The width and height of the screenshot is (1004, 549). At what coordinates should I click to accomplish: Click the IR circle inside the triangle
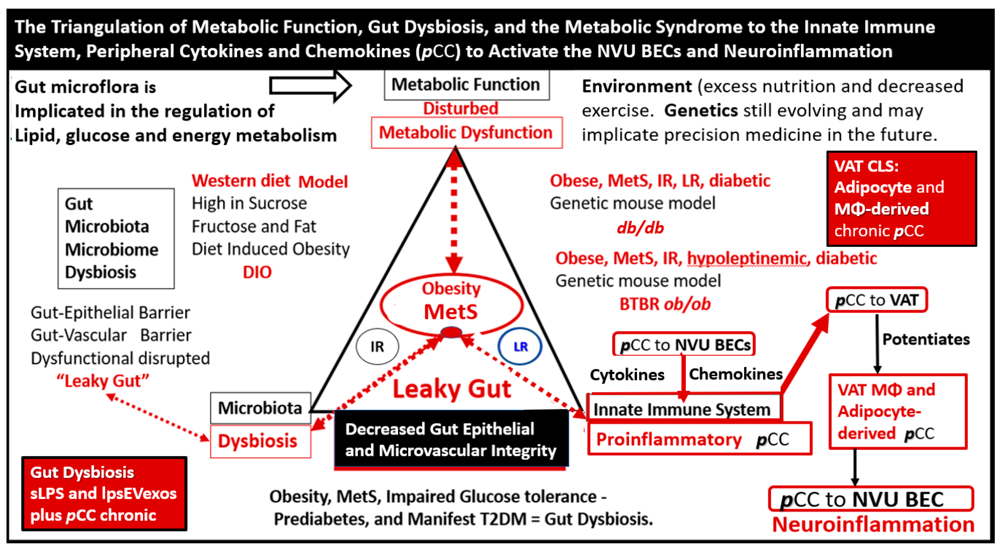coord(377,346)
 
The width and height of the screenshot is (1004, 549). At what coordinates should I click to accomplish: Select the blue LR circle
coord(520,346)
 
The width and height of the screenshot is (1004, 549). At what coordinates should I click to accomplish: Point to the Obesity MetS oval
coord(451,304)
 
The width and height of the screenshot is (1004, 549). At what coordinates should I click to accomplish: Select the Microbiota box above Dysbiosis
coord(260,408)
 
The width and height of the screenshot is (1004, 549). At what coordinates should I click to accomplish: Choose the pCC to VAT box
coord(876,300)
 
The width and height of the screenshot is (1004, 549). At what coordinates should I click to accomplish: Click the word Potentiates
coord(926,339)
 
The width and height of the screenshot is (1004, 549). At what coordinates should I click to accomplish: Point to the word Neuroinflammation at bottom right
coord(873,524)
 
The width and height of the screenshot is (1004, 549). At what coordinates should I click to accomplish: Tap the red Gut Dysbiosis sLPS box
coord(104,494)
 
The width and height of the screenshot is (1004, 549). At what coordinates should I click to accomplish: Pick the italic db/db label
coord(640,228)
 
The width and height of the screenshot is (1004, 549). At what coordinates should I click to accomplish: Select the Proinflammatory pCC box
coord(699,439)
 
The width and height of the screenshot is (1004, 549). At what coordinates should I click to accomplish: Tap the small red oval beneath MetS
coord(451,332)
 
